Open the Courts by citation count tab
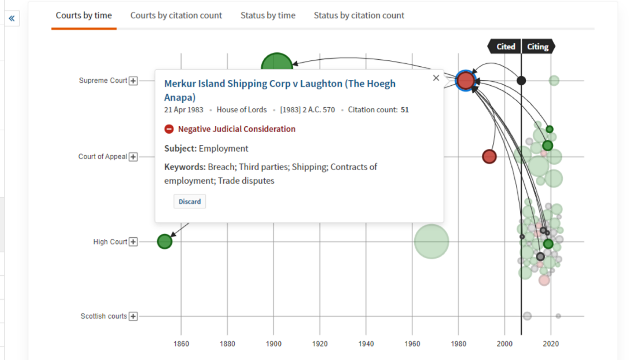176,15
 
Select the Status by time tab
268,15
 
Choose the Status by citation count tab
359,15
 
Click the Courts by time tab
84,15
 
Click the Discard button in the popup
189,201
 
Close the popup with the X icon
436,78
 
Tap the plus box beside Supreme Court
133,81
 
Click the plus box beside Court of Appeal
133,157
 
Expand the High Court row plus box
133,242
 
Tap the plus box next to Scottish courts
133,316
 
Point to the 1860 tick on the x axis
181,344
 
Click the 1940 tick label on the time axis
366,344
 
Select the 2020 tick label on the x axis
551,344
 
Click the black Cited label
505,46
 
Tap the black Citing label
537,46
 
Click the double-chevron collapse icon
12,19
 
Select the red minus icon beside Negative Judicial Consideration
169,129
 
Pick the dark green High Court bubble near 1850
164,241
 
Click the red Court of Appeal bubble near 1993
489,157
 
